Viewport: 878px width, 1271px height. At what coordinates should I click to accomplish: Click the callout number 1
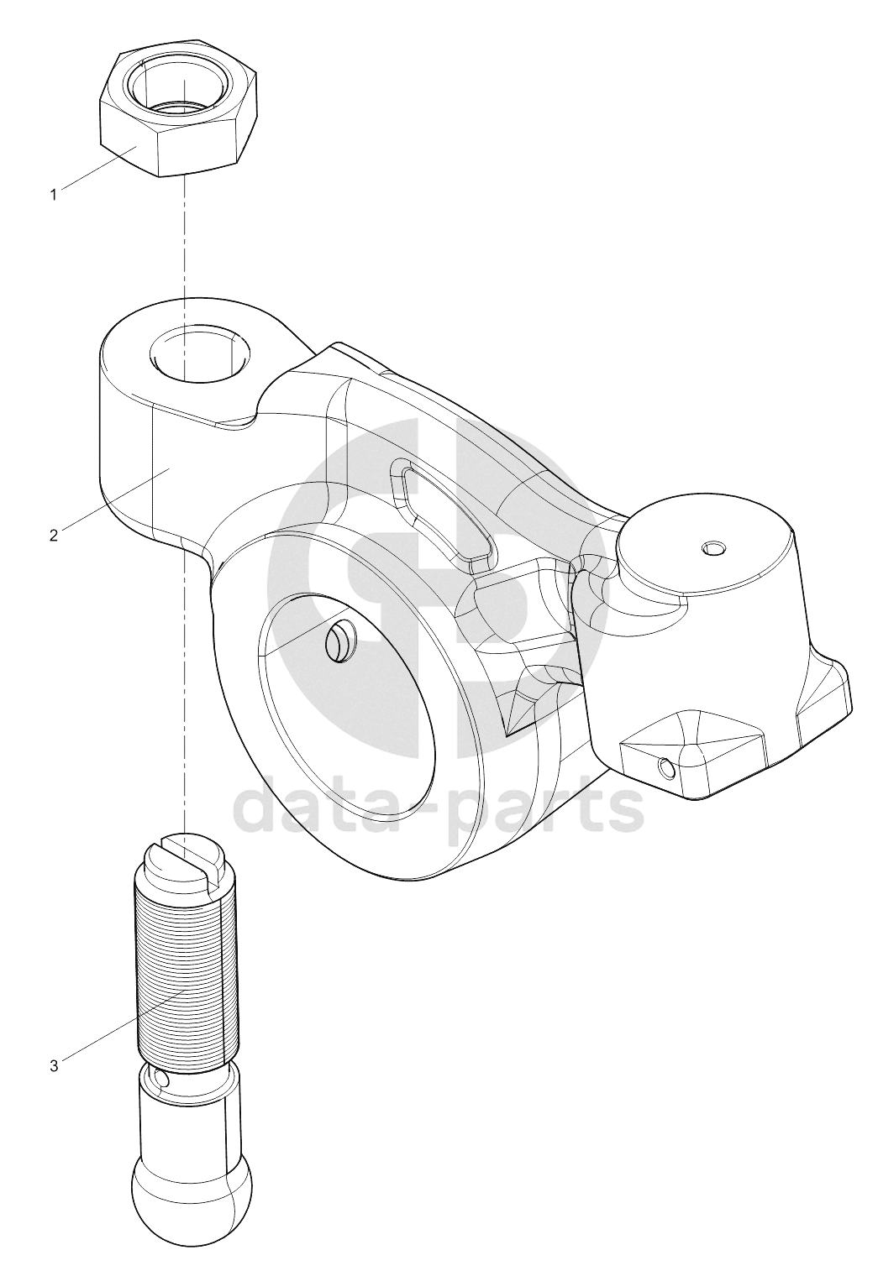54,196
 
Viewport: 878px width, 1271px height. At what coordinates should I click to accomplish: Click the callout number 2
54,536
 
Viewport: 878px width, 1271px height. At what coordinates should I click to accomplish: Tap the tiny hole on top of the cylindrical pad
714,548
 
